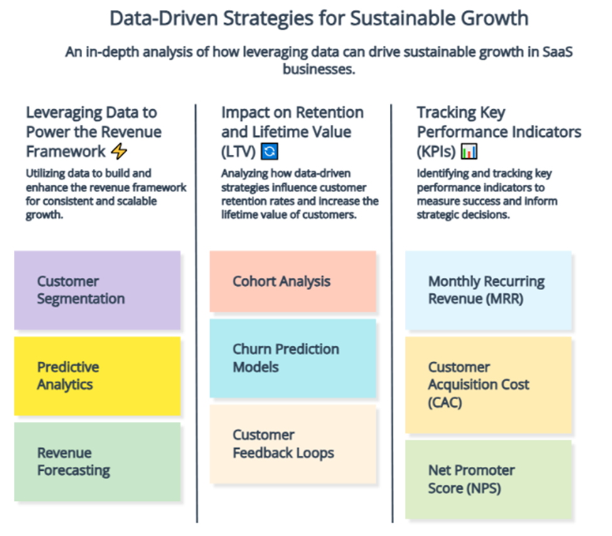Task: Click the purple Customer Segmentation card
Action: [97, 290]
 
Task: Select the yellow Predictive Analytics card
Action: [97, 376]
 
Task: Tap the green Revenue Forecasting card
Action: [97, 462]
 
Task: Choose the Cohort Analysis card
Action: [293, 281]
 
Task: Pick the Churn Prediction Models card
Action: [293, 358]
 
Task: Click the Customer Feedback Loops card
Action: [293, 444]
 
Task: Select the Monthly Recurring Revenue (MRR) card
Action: [488, 291]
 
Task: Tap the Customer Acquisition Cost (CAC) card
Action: [488, 385]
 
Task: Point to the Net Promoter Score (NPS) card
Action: [488, 480]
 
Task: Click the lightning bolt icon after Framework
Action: [119, 151]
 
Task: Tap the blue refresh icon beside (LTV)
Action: [270, 151]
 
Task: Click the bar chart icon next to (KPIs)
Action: [469, 151]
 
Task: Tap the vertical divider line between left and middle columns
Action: [196, 313]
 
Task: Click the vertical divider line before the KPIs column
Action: [392, 313]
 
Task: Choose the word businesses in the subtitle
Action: [319, 69]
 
